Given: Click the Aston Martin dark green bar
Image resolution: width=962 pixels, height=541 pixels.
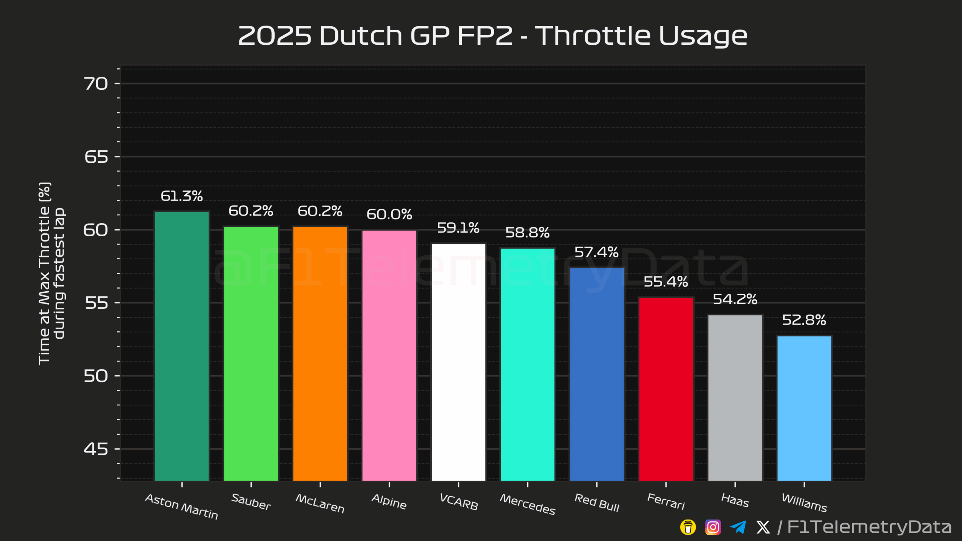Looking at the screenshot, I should pos(182,346).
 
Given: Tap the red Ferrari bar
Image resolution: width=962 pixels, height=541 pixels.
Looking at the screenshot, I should pos(666,389).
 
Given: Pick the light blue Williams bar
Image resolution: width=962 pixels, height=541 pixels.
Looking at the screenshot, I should pos(804,408).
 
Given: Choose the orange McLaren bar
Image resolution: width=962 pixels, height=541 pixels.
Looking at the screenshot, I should pos(320,353).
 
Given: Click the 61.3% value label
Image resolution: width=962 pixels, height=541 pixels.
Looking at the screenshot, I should pos(182,196).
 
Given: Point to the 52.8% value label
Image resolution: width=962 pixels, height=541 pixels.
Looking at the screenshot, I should pos(804,320).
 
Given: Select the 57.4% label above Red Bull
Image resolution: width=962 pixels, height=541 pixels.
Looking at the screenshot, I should pos(597,252).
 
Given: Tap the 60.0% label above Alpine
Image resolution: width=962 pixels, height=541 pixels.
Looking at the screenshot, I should pos(389,215).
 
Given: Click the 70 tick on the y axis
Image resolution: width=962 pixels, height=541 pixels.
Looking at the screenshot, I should pos(96,84).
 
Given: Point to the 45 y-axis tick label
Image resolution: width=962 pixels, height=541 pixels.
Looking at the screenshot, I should pos(96,449).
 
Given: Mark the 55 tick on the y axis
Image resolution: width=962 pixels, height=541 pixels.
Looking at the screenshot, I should pos(96,303).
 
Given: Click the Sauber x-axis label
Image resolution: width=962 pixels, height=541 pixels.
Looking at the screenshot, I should pos(251,502).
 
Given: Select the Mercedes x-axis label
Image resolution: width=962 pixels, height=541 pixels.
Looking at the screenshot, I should pos(528,504).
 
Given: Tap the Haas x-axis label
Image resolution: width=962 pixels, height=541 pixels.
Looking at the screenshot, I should pos(735,500).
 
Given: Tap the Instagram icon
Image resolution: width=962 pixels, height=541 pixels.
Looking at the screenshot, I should pos(713,527).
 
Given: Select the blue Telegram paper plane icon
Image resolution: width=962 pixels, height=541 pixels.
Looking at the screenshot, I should pos(738,527).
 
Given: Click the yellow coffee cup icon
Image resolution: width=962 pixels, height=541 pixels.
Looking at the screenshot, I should pos(688,527).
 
